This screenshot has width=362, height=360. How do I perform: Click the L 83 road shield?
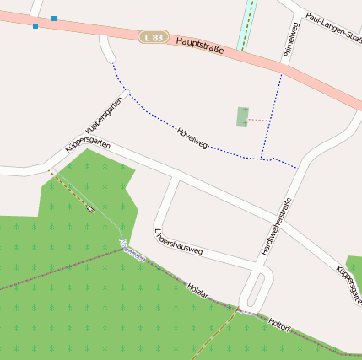pyautogui.click(x=154, y=37)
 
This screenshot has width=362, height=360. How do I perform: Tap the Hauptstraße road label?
pyautogui.click(x=201, y=46)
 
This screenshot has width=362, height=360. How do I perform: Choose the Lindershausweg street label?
pyautogui.click(x=178, y=241)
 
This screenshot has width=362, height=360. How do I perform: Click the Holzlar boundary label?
pyautogui.click(x=198, y=293)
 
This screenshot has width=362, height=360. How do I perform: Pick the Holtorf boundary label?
pyautogui.click(x=278, y=323)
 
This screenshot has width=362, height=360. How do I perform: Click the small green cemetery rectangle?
pyautogui.click(x=243, y=116)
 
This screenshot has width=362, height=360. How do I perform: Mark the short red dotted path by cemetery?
pyautogui.click(x=258, y=121)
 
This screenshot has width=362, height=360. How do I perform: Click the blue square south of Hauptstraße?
pyautogui.click(x=35, y=26)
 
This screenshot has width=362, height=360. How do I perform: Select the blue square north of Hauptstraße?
pyautogui.click(x=54, y=18)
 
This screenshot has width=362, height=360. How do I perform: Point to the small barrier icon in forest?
pyautogui.click(x=89, y=208)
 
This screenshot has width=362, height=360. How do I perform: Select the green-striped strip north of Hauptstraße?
pyautogui.click(x=246, y=24)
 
